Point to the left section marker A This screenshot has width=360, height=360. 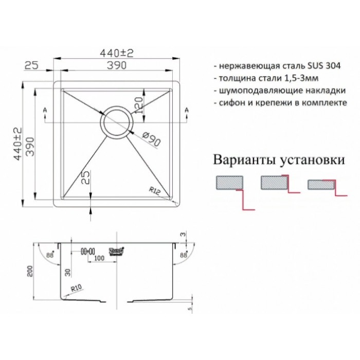46,111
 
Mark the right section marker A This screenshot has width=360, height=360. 186,111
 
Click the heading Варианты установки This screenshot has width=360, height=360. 278,159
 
